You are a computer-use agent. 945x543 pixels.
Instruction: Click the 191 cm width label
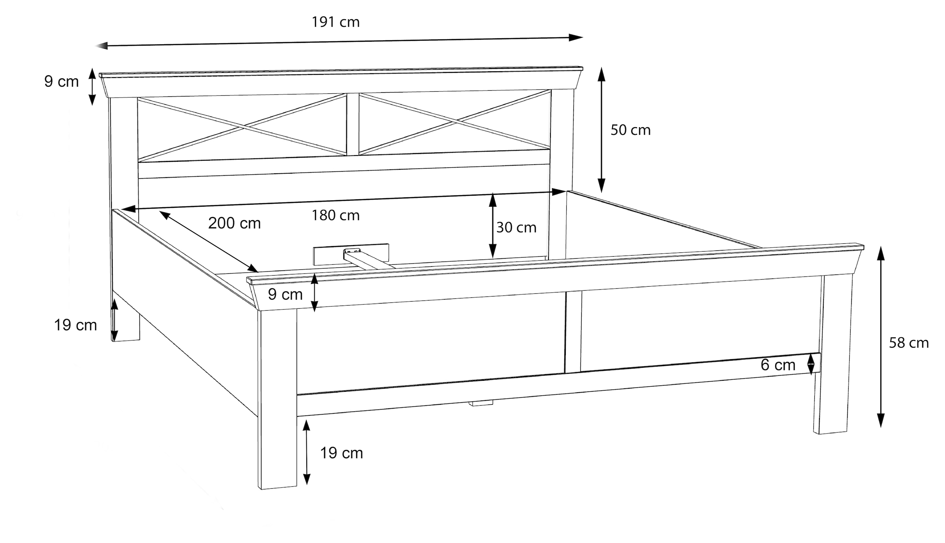(x=335, y=22)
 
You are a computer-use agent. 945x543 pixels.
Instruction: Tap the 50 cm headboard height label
(x=630, y=130)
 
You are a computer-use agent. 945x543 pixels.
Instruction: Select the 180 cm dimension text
(x=335, y=215)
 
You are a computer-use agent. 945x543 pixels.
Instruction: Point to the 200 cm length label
(x=234, y=223)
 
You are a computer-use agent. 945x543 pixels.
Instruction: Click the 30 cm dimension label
(x=516, y=228)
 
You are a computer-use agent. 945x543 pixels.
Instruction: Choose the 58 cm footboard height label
(x=909, y=343)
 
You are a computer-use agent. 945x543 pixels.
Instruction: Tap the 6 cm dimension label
(x=778, y=365)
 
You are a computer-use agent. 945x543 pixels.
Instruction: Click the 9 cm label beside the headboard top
(x=61, y=82)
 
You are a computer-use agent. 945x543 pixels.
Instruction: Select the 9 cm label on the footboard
(x=285, y=294)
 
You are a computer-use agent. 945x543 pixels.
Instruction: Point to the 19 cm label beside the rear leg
(x=75, y=325)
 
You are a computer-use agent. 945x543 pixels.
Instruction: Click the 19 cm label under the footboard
(x=341, y=453)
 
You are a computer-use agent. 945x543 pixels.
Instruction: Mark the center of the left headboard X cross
(x=245, y=127)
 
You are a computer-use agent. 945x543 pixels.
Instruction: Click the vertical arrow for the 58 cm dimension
(x=881, y=337)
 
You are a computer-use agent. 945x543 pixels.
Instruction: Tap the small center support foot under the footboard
(x=481, y=403)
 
